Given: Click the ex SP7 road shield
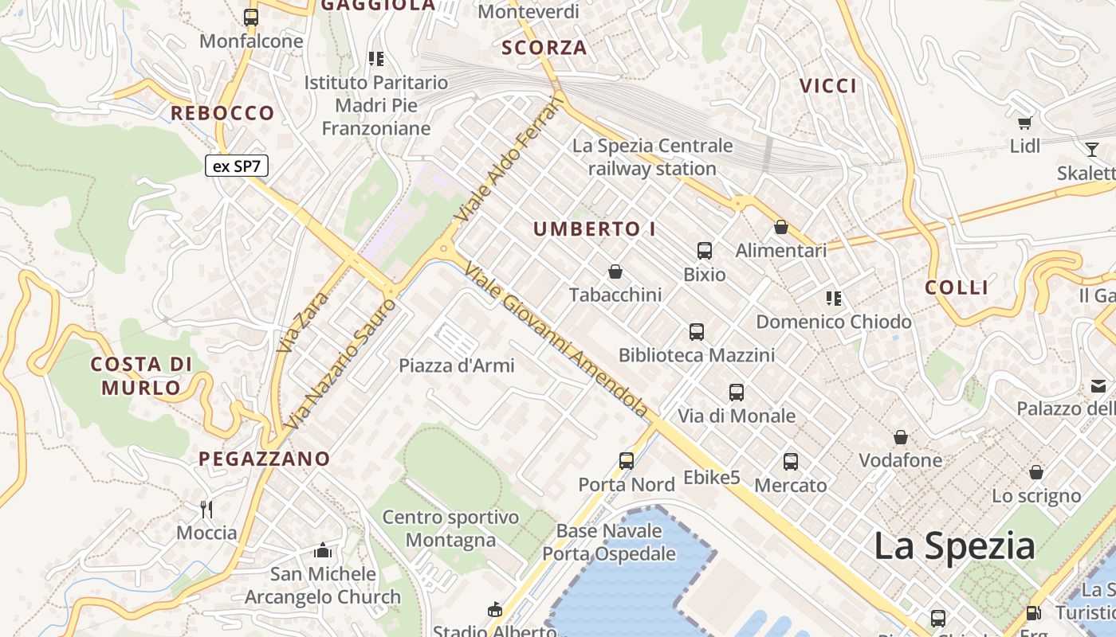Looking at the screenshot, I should pyautogui.click(x=237, y=166).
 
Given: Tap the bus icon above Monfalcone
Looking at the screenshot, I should pyautogui.click(x=251, y=17).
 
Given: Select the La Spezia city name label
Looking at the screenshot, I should pyautogui.click(x=954, y=546).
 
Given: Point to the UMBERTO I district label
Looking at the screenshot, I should pyautogui.click(x=595, y=229).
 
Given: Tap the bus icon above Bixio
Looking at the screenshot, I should pyautogui.click(x=705, y=251).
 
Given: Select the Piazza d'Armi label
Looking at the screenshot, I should pyautogui.click(x=457, y=365).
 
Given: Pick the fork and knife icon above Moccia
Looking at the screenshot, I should pyautogui.click(x=206, y=510).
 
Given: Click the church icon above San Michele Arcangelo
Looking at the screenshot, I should pyautogui.click(x=323, y=550).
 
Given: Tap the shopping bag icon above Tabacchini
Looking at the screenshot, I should pyautogui.click(x=615, y=272).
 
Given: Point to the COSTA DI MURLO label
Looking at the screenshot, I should pyautogui.click(x=141, y=376).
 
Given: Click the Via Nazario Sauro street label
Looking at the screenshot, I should pyautogui.click(x=340, y=365).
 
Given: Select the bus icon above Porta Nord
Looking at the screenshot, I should pyautogui.click(x=627, y=460).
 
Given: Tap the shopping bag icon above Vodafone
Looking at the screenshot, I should pyautogui.click(x=901, y=437).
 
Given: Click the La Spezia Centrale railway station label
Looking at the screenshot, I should pyautogui.click(x=652, y=157).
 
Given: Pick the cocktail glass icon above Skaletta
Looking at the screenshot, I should pyautogui.click(x=1091, y=149).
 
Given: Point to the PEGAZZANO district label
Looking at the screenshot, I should pyautogui.click(x=264, y=459).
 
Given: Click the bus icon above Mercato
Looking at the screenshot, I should pyautogui.click(x=791, y=461).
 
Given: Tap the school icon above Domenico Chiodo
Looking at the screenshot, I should pyautogui.click(x=834, y=299).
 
